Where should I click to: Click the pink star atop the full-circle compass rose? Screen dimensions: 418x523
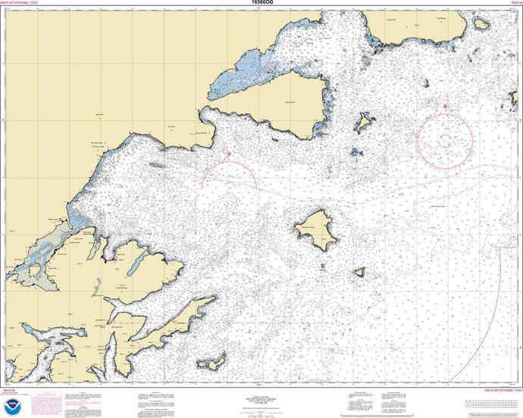[445, 106]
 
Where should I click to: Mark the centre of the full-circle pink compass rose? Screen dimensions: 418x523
[445, 136]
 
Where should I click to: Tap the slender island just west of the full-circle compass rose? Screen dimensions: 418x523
[366, 121]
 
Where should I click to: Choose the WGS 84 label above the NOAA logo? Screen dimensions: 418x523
[11, 392]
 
